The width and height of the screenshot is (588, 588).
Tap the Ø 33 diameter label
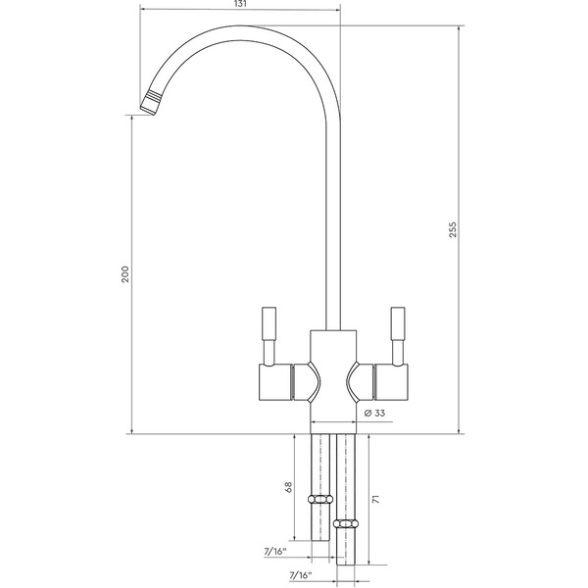[372, 414]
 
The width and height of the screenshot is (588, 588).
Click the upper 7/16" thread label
[277, 552]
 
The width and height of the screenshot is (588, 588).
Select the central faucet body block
[333, 377]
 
